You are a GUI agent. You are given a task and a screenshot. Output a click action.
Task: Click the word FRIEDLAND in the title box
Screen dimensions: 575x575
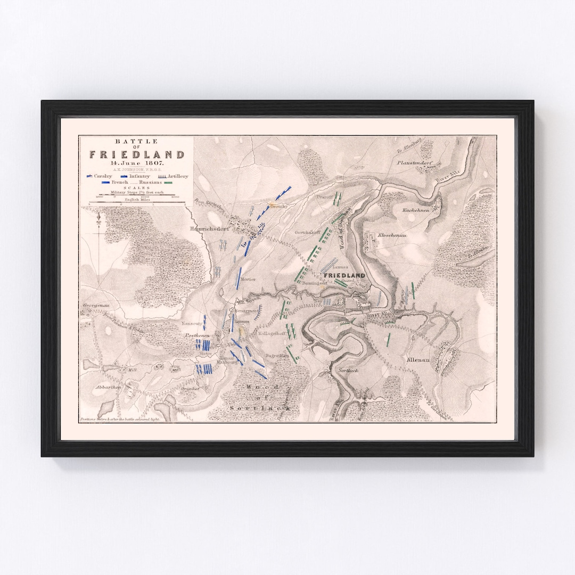point(137,155)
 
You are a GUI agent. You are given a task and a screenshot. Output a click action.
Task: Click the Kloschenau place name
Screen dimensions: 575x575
point(393,235)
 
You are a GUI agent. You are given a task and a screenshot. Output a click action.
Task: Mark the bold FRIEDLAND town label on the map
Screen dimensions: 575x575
point(345,275)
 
